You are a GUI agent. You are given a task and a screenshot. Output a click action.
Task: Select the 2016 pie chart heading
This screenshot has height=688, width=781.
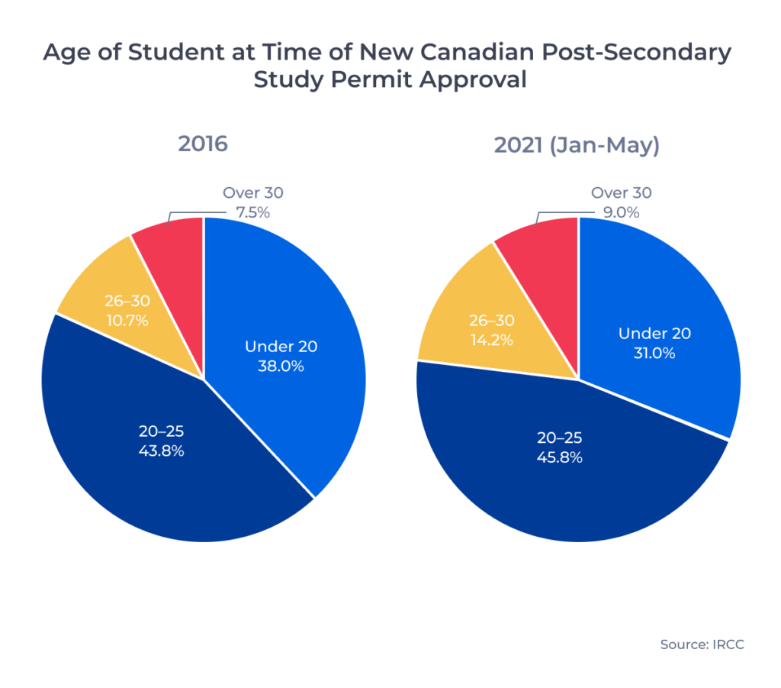click(x=203, y=144)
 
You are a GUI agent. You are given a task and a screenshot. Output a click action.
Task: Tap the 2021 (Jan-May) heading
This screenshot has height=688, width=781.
click(x=577, y=145)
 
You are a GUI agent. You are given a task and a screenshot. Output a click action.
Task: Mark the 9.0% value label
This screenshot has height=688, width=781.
click(x=622, y=212)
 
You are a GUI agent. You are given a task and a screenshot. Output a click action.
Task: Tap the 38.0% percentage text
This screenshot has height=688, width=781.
click(x=281, y=366)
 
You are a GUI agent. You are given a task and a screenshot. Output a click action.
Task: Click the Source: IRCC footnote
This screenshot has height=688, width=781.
click(x=702, y=644)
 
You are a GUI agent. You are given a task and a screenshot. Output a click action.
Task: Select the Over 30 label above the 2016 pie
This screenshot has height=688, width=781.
click(x=252, y=193)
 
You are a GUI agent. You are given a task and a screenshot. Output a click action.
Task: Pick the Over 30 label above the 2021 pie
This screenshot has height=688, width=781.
click(x=622, y=193)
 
